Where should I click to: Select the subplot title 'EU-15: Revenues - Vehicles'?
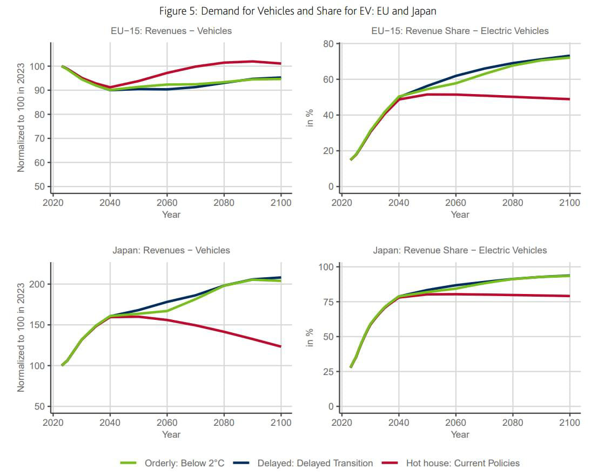click(171, 31)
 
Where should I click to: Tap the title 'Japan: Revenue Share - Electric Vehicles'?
click(460, 250)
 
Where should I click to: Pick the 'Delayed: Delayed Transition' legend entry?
click(315, 463)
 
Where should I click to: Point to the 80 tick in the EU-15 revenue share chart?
click(329, 44)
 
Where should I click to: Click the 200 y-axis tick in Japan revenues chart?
click(40, 284)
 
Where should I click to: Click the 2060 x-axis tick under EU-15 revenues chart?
click(167, 203)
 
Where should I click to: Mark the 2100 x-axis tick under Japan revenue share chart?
click(569, 423)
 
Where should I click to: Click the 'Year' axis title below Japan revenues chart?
click(171, 434)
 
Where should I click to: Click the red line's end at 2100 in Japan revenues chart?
click(280, 346)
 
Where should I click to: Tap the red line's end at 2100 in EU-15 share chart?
click(569, 99)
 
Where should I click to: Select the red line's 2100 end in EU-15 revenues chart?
click(280, 63)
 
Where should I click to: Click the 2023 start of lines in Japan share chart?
click(351, 367)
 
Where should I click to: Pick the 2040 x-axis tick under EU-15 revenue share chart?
click(399, 203)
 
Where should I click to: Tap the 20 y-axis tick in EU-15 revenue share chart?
click(329, 151)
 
